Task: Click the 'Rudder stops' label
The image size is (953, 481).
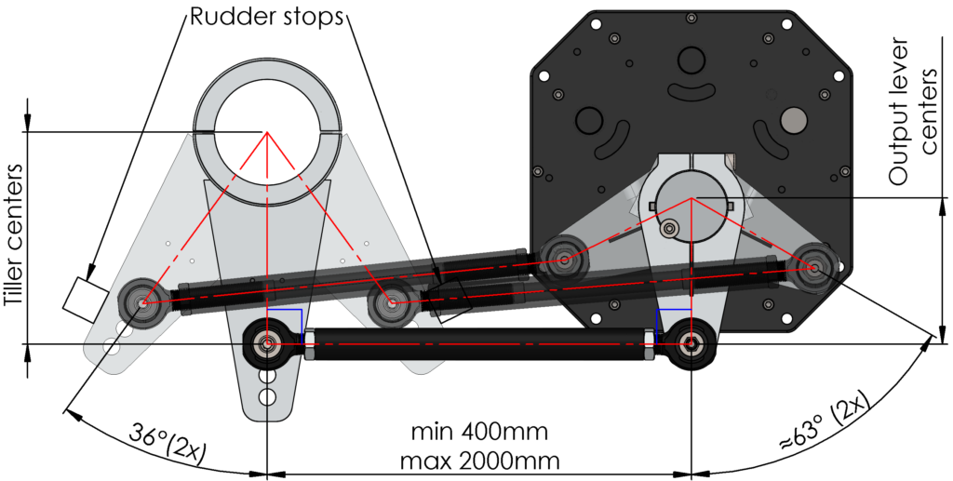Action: [266, 17]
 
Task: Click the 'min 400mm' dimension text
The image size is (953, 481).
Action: [479, 433]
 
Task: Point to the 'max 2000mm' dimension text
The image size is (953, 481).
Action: [479, 461]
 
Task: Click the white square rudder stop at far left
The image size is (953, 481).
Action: [85, 300]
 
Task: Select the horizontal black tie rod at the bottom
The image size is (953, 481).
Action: [478, 343]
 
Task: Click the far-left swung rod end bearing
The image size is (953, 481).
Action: [142, 301]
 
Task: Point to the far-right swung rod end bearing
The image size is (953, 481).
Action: [812, 266]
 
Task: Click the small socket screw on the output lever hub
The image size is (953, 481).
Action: [670, 229]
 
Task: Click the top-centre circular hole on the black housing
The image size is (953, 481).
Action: [691, 60]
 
